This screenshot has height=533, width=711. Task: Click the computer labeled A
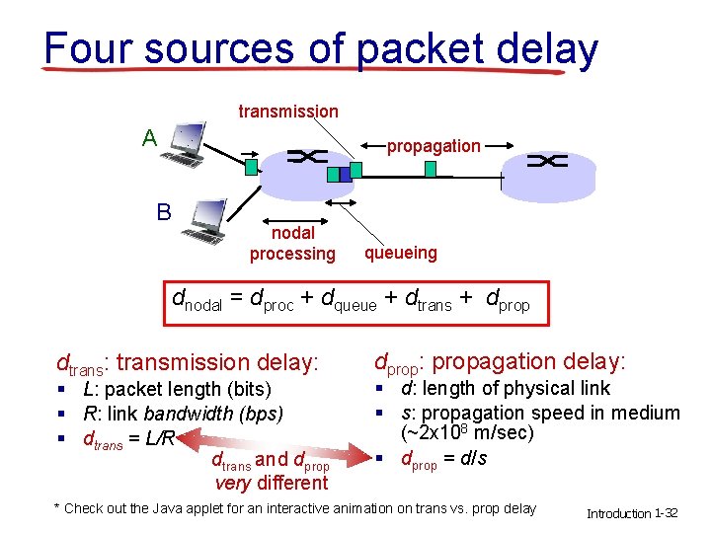coord(186,144)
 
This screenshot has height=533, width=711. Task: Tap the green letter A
coord(149,137)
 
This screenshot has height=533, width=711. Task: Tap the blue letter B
coord(164,212)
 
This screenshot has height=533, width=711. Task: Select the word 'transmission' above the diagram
coord(288,112)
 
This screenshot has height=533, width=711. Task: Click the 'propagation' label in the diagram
coord(434,146)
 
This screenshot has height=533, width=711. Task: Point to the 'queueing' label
coord(400,253)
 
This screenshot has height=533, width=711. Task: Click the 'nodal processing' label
coord(292,244)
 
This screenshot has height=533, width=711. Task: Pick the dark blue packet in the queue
coord(333,175)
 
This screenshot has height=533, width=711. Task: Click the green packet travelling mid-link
coord(431,169)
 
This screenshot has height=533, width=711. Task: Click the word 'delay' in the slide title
coord(548,48)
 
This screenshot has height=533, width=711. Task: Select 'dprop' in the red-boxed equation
coord(509,302)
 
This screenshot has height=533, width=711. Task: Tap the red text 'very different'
coord(272,483)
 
